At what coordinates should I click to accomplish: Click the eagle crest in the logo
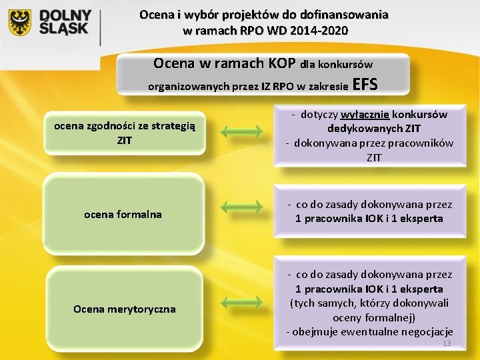(20, 23)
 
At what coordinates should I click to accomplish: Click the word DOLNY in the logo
(66, 16)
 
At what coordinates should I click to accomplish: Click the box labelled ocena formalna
(123, 214)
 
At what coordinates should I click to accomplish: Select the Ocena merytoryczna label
(124, 309)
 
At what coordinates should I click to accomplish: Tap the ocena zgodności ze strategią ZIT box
(124, 133)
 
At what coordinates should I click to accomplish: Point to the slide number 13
(447, 343)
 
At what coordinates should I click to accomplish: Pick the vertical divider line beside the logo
(100, 27)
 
